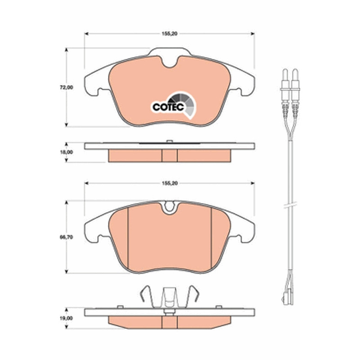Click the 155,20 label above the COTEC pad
(170, 33)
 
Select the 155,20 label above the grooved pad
(170, 183)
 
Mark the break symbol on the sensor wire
(290, 205)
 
